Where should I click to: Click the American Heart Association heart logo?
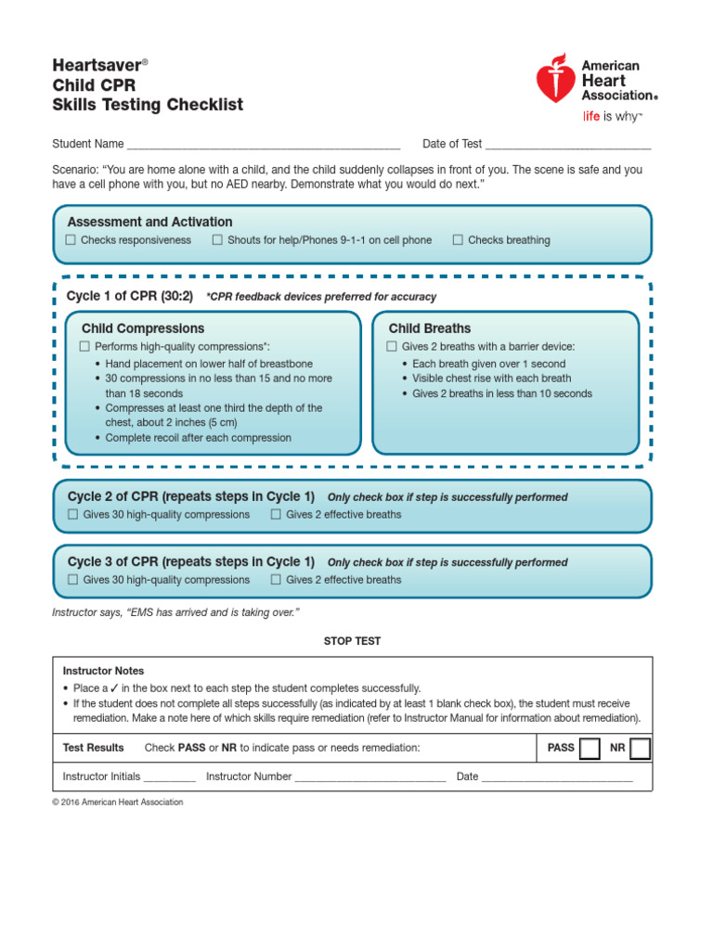pos(555,79)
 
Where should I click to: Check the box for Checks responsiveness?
pos(71,240)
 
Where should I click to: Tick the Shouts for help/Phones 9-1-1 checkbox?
pos(217,240)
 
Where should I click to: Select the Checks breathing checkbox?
pos(458,240)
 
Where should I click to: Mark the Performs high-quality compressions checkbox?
pos(85,346)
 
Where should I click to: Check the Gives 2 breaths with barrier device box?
pos(392,346)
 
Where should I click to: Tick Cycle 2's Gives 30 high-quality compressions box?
pos(73,514)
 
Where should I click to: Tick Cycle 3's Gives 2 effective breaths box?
pos(276,580)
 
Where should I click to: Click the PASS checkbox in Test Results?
pos(590,748)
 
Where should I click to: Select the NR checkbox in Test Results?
pos(640,748)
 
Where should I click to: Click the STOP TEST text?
pos(352,641)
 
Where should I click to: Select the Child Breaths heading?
pos(429,328)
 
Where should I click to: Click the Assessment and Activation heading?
pos(149,222)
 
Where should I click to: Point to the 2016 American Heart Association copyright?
pos(118,802)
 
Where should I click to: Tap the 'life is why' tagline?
pos(612,116)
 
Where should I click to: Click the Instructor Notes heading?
pos(103,671)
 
